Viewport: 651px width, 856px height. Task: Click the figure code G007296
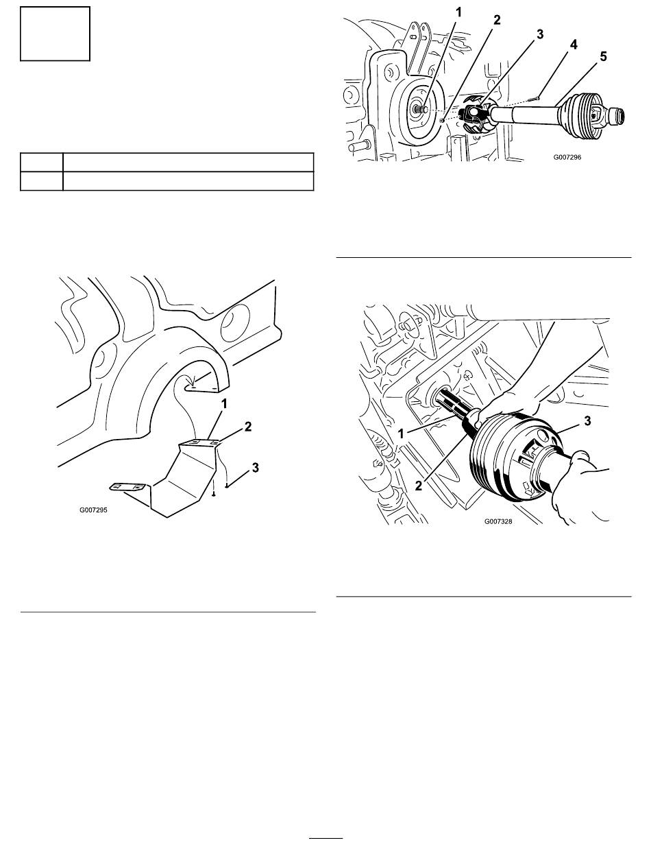(x=567, y=157)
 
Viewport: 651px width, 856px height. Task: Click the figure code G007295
(x=93, y=510)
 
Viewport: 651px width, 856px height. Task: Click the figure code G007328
(x=498, y=521)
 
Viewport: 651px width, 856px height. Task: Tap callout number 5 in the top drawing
(x=603, y=56)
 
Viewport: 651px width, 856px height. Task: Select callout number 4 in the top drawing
(x=574, y=45)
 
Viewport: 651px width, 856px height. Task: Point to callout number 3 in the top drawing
(x=539, y=34)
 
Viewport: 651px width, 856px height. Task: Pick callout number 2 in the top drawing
(x=497, y=20)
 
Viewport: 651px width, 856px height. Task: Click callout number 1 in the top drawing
(x=458, y=13)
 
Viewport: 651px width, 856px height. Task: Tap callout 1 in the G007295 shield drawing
(x=224, y=404)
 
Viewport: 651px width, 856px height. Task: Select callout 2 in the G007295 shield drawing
(x=248, y=427)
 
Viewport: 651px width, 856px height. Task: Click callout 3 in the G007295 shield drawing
(x=255, y=467)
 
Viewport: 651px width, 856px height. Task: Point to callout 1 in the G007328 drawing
(x=400, y=433)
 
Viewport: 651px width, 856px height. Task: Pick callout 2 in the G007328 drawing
(x=419, y=486)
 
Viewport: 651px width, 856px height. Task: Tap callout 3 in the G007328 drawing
(x=587, y=420)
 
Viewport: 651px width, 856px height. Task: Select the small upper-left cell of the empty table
(x=42, y=163)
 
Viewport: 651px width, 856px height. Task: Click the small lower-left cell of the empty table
(x=42, y=181)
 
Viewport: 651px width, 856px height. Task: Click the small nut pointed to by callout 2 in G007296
(x=442, y=121)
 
